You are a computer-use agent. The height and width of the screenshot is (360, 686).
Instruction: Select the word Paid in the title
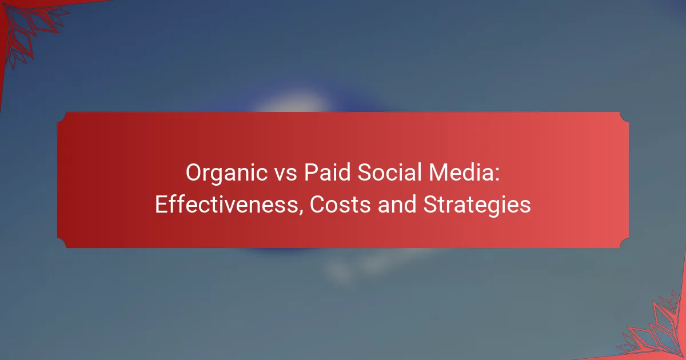point(327,173)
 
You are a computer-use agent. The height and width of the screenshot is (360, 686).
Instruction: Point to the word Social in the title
point(389,173)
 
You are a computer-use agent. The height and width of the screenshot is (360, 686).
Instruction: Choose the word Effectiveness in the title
point(226,205)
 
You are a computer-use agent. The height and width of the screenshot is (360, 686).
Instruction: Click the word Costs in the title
point(340,205)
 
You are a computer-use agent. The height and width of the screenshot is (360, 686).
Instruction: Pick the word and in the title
point(397,205)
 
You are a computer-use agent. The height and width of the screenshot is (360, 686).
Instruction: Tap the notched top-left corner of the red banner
point(62,117)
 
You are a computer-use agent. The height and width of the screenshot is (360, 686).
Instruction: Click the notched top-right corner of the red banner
point(624,117)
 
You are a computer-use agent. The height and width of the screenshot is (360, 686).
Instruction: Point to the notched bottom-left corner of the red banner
point(62,243)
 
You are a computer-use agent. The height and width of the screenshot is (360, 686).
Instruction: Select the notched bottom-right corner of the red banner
point(624,243)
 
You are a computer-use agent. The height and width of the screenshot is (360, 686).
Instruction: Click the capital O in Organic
point(193,173)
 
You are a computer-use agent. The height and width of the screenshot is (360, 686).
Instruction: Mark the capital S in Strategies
point(431,205)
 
